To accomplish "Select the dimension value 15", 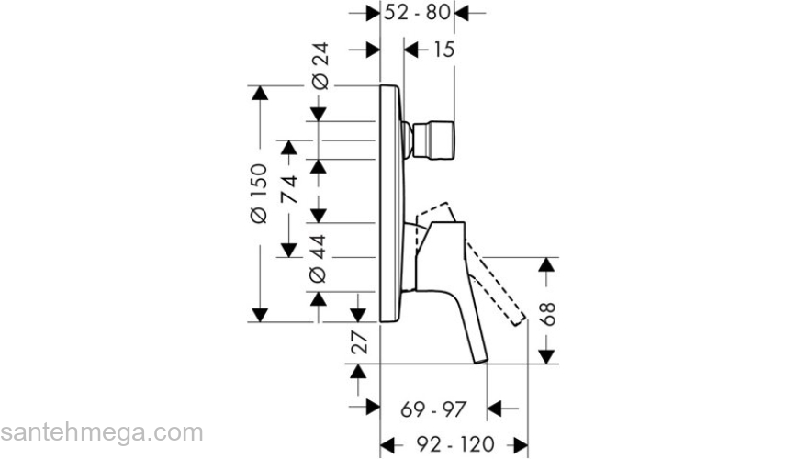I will pos(443,50).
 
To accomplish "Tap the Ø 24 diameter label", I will pos(320,69).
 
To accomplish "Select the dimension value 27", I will pos(360,343).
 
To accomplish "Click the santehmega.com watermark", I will pos(101,432).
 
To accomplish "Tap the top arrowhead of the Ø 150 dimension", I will pos(259,94).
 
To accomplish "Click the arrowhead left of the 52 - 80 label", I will pos(372,13).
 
